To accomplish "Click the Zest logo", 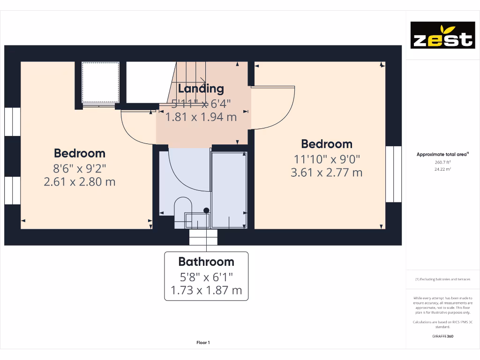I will (x=442, y=35).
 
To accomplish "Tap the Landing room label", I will (x=201, y=88).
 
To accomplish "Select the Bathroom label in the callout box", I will (x=206, y=262).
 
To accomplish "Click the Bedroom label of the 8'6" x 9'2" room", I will (x=80, y=153).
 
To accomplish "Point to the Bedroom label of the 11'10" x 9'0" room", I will (x=327, y=144).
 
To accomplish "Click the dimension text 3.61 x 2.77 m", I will (x=327, y=172).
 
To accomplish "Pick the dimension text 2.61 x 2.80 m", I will (x=80, y=182).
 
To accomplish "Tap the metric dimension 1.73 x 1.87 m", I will (x=206, y=290).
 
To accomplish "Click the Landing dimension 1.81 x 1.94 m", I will (x=201, y=117).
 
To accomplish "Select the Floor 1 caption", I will (x=203, y=343).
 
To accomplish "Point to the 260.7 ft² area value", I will (x=442, y=162).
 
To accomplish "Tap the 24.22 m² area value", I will (x=442, y=169).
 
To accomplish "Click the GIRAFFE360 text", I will (x=442, y=336).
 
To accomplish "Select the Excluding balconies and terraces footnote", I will (x=442, y=279).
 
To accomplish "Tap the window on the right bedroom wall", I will (x=394, y=174).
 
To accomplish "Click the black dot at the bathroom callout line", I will (x=206, y=210).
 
